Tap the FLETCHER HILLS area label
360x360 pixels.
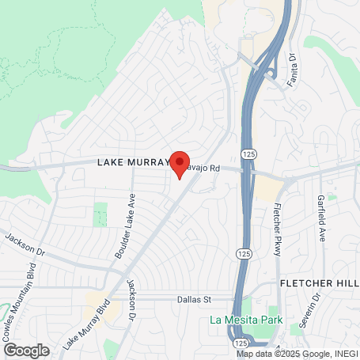tap(319, 283)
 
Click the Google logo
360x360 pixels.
tap(25, 350)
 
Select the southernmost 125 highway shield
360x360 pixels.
tap(239, 344)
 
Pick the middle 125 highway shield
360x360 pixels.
tap(241, 252)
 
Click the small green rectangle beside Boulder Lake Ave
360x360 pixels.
tap(100, 214)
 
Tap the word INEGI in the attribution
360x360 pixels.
tap(343, 354)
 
